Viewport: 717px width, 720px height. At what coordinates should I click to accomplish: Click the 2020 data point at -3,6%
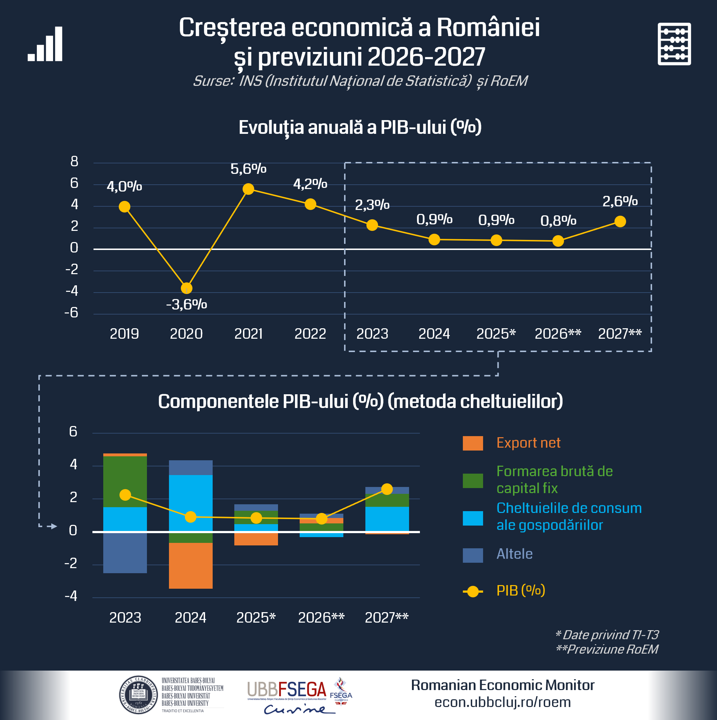coord(187,288)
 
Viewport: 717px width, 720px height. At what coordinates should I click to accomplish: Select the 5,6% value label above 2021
coord(248,169)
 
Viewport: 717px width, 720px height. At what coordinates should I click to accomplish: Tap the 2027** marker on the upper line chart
coord(620,222)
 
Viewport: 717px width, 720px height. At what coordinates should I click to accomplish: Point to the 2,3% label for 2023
coord(372,205)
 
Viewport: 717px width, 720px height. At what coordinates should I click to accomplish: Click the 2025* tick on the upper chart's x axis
coord(496,334)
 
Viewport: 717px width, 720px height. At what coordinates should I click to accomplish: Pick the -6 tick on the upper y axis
coord(71,313)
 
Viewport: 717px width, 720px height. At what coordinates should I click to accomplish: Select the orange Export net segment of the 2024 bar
coord(191,565)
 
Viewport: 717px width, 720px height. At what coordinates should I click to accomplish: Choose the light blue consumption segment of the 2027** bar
coord(387,519)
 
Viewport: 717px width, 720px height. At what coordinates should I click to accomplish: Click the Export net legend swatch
coord(473,443)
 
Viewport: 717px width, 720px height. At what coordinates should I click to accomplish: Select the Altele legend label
coord(514,554)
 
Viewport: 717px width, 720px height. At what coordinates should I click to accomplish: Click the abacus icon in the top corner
coord(674,44)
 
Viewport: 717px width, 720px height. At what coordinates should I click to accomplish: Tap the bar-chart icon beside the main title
coord(45,44)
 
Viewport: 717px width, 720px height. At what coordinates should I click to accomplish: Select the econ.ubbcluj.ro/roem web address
coord(503,702)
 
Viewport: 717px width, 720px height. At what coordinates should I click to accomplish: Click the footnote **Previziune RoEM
coord(607,649)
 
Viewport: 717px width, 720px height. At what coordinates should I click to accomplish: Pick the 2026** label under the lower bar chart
coord(321,618)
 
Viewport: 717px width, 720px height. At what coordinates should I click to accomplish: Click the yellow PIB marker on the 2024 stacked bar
coord(191,517)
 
